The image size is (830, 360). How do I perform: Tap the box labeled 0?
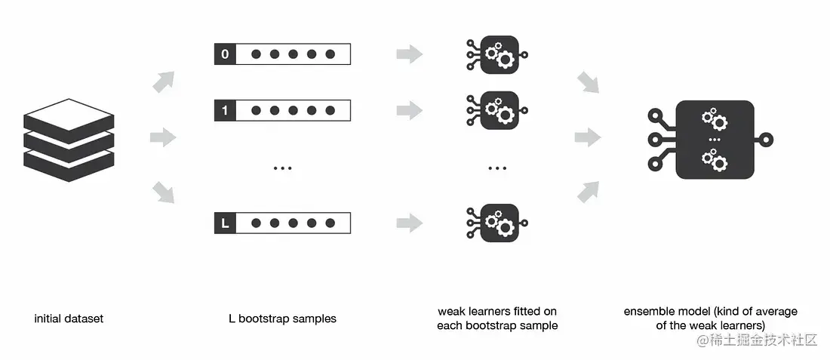tap(224, 54)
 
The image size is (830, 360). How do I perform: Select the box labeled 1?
tap(224, 110)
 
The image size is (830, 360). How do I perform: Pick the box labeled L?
tap(224, 223)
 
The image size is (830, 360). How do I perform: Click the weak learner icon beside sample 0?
tap(497, 54)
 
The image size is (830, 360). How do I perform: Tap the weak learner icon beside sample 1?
tap(497, 110)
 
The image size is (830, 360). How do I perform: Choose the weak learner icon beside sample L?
tap(497, 223)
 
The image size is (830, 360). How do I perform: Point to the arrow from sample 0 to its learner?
tap(410, 54)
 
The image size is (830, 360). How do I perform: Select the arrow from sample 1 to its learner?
tap(410, 110)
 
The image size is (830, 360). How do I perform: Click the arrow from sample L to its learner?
tap(410, 223)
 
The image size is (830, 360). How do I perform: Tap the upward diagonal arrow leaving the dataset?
tap(163, 82)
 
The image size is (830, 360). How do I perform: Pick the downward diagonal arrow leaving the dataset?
tap(163, 193)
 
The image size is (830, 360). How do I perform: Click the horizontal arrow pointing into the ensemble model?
tap(587, 137)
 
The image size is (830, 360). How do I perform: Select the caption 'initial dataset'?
tap(69, 318)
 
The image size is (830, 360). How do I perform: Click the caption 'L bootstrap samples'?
tap(282, 318)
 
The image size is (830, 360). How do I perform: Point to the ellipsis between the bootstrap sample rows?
tap(282, 168)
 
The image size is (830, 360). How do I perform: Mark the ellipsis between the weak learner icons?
tap(497, 168)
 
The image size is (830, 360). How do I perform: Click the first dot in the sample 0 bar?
tap(257, 54)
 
